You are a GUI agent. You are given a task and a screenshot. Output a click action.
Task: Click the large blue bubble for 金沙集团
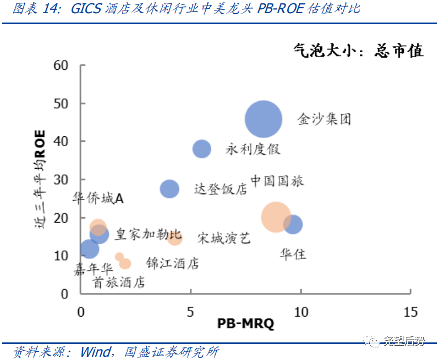pos(264,119)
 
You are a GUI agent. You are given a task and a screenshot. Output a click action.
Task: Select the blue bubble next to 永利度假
pos(202,149)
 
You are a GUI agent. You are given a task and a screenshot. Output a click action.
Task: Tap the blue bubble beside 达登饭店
pos(169,189)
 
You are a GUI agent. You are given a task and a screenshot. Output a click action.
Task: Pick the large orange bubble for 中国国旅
pos(276,217)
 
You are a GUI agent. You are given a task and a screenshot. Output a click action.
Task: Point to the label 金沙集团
pos(324,119)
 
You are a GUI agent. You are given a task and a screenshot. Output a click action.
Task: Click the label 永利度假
pos(253,149)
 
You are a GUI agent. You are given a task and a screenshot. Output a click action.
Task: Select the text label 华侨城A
pos(98,198)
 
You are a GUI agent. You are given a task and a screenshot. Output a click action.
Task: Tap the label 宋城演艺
pos(224,238)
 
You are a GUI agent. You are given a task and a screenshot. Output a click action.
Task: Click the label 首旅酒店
pos(119,283)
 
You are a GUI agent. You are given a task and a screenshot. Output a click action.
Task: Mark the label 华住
pos(293,254)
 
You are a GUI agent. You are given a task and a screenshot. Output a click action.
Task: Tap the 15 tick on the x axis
pos(410,312)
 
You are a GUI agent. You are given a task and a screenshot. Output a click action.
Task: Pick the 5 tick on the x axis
pos(190,312)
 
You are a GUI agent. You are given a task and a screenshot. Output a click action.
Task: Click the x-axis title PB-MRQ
pos(245,323)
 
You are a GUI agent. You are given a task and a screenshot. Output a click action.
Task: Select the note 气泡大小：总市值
pos(358,51)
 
